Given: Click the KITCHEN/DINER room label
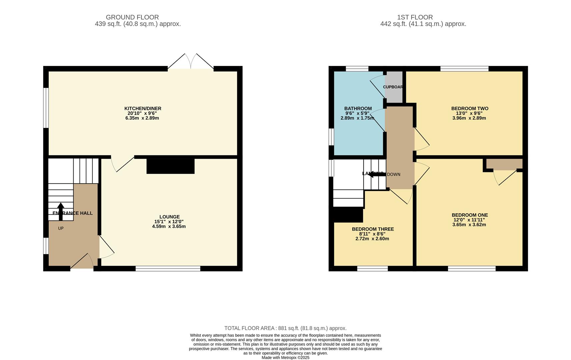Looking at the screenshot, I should (x=143, y=108).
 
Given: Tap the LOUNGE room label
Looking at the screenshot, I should (x=169, y=217).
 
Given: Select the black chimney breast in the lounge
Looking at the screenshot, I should (x=170, y=166).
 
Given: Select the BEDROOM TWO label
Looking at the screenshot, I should (x=469, y=108).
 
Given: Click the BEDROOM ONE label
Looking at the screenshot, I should (x=469, y=215).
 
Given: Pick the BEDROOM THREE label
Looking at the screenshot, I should (x=373, y=229).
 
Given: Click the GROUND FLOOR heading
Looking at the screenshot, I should (x=132, y=17).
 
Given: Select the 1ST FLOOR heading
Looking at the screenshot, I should (x=415, y=17).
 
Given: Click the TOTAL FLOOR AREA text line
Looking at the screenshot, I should (x=285, y=328).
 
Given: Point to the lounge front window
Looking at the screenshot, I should (x=168, y=268).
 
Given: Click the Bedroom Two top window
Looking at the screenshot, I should (x=464, y=69).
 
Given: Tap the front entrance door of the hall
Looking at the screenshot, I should (x=82, y=262).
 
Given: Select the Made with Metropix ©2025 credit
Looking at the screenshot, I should (x=285, y=358).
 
